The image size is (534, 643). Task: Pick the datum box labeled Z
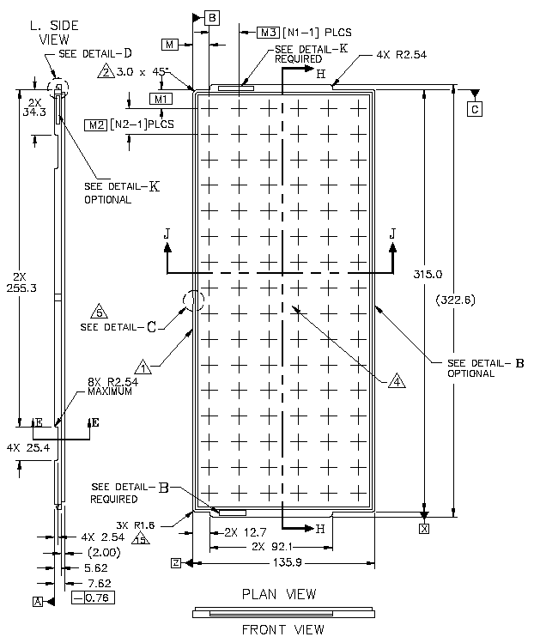pyautogui.click(x=175, y=563)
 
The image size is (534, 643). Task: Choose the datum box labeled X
pyautogui.click(x=423, y=529)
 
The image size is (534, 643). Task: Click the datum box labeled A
pyautogui.click(x=37, y=601)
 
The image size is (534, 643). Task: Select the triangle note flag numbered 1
pyautogui.click(x=145, y=368)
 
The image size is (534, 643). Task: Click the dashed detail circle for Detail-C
pyautogui.click(x=193, y=300)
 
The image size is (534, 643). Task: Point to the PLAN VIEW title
pyautogui.click(x=278, y=594)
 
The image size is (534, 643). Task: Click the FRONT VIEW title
pyautogui.click(x=282, y=629)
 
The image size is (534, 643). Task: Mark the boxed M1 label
pyautogui.click(x=161, y=100)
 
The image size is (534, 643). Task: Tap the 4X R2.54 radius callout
pyautogui.click(x=401, y=54)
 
